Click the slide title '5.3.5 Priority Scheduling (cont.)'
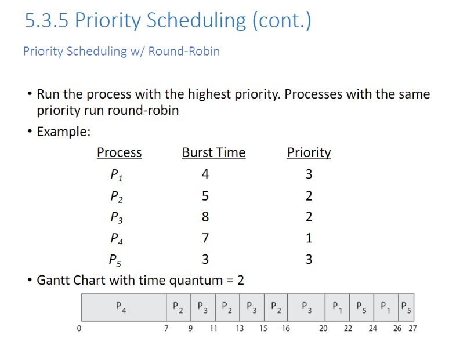168,21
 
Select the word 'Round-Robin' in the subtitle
184,51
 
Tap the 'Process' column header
119,152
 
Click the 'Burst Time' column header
213,152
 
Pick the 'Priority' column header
309,152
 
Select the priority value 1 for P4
309,238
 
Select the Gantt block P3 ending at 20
307,307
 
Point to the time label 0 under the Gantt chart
79,329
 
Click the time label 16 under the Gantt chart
286,329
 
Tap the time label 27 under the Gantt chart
412,329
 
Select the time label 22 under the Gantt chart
347,329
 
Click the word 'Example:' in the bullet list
63,132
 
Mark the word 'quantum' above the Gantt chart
191,281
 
